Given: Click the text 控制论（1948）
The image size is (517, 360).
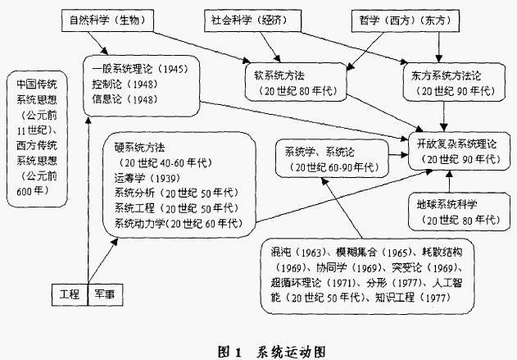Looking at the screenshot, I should click(130, 83).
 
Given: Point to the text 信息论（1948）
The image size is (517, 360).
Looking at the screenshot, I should click(130, 98).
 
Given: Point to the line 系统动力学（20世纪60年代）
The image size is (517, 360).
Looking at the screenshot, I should click(178, 223).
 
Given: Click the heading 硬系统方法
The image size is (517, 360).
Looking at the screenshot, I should click(140, 147).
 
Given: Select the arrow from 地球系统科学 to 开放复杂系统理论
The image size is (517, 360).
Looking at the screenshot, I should click(447, 181).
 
